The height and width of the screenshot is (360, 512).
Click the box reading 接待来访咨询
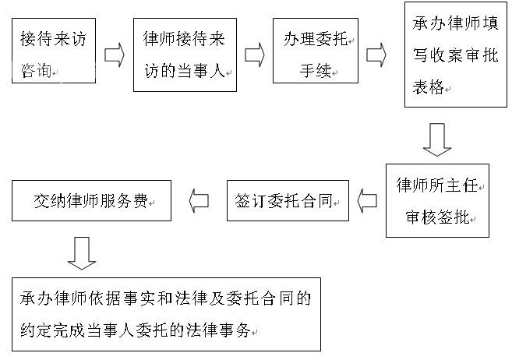pyautogui.click(x=54, y=51)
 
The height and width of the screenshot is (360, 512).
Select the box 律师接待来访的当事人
pyautogui.click(x=185, y=55)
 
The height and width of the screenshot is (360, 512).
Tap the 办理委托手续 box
pyautogui.click(x=316, y=51)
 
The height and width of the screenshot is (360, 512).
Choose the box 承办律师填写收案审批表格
pyautogui.click(x=456, y=55)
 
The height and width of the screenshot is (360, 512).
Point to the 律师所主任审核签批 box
pyautogui.click(x=437, y=200)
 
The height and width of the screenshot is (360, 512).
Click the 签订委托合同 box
pyautogui.click(x=288, y=201)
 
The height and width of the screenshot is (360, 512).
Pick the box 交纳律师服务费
pyautogui.click(x=91, y=201)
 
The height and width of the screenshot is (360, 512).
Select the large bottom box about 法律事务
pyautogui.click(x=166, y=314)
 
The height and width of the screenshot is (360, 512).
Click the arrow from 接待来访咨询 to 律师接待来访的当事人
pyautogui.click(x=115, y=55)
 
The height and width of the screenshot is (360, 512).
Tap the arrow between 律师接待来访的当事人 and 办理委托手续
pyautogui.click(x=255, y=55)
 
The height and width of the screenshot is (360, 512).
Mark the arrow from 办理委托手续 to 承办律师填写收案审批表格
pyautogui.click(x=376, y=55)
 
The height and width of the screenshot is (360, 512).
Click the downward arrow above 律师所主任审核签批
pyautogui.click(x=437, y=139)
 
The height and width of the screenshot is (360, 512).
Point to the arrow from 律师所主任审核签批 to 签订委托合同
pyautogui.click(x=367, y=201)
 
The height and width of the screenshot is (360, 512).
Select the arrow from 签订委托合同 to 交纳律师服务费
pyautogui.click(x=199, y=201)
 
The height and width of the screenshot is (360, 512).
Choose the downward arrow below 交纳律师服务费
pyautogui.click(x=82, y=253)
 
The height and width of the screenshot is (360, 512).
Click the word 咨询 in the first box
pyautogui.click(x=37, y=70)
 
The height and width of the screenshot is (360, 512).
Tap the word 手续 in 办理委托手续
pyautogui.click(x=316, y=70)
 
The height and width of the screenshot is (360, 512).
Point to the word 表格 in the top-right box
pyautogui.click(x=428, y=86)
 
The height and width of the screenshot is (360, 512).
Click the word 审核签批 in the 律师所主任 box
pyautogui.click(x=437, y=217)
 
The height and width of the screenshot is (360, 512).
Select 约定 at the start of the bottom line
pyautogui.click(x=37, y=330)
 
